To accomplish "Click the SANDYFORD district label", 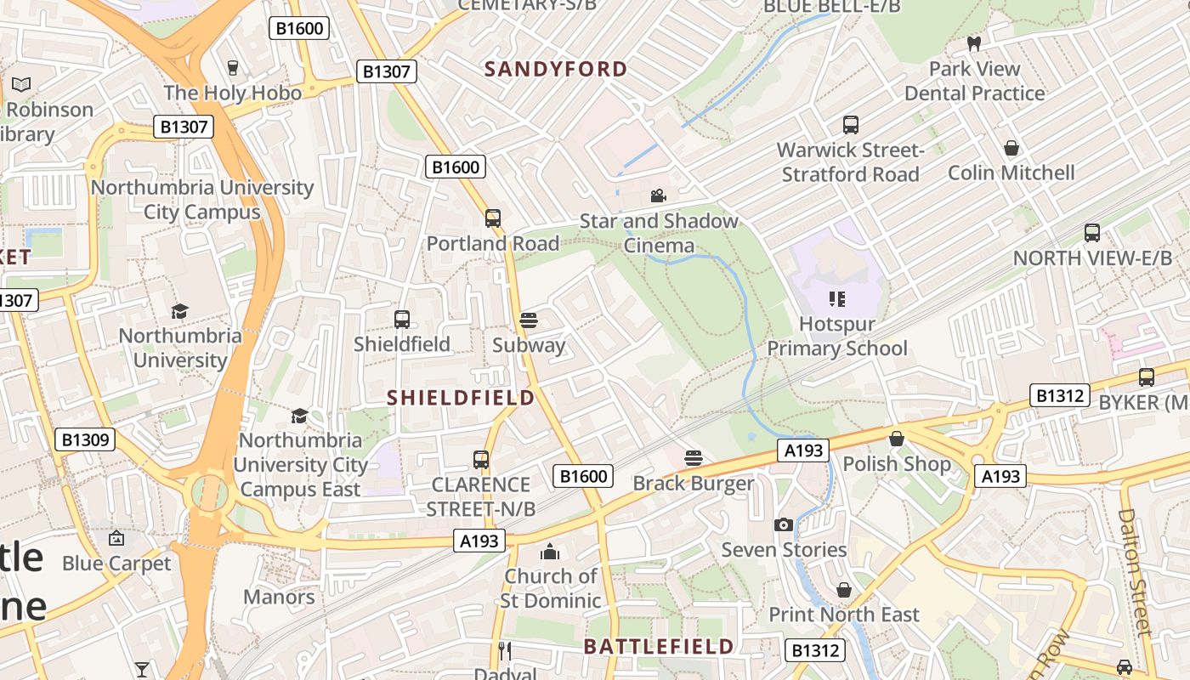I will coord(556,69).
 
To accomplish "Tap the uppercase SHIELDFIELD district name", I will coord(461,397).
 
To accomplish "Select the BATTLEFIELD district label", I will coord(658,646).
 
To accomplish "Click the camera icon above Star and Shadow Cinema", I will coord(658,196).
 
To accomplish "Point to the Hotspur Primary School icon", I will coord(837,298).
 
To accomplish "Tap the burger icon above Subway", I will coord(529,320).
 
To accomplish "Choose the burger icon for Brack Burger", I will coord(694,458).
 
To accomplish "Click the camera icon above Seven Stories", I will coord(784,524).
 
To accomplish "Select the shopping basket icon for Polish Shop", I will coord(896,439).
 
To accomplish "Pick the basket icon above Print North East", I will coord(844,589).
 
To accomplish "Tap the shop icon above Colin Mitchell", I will coord(1011,148).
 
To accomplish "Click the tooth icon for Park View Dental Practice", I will coord(974,43).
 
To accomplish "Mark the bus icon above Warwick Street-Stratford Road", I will coord(850,125).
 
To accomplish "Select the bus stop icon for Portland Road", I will coord(493,218).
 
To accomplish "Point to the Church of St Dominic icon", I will coord(550,552).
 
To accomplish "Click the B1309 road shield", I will coord(84,439).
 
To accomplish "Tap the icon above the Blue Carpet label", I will coord(116,538).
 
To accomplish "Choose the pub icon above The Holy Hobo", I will coord(233,67).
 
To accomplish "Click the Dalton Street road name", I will coord(1137,571).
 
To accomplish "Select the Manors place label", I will coord(279,597).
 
